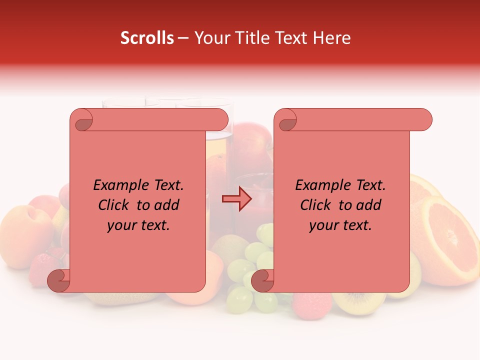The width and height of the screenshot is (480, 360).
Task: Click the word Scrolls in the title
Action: coord(147,38)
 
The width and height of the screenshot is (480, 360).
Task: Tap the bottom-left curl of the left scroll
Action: coord(58,280)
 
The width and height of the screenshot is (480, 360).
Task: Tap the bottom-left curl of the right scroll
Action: coord(262,280)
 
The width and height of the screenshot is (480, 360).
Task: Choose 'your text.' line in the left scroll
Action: coord(138,225)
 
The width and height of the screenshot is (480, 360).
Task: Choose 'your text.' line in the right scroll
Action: coord(340,225)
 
